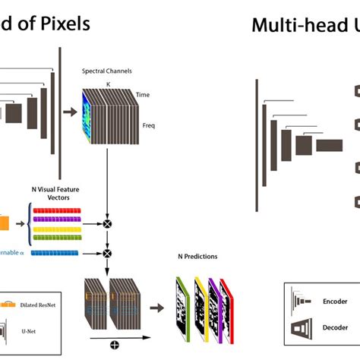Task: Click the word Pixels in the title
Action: point(63,24)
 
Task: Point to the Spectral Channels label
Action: point(107,71)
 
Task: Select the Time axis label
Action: point(143,95)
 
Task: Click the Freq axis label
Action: point(148,125)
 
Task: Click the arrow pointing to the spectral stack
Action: point(68,112)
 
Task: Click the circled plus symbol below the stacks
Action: point(114,345)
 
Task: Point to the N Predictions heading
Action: point(195,257)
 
